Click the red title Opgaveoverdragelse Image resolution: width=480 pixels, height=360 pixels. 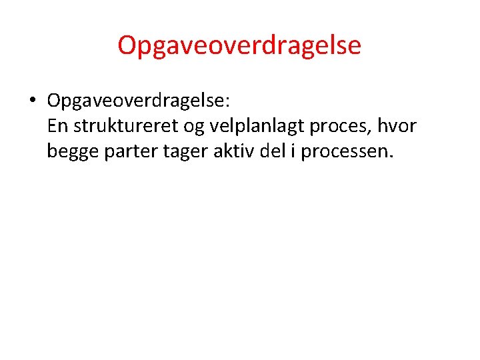point(239,45)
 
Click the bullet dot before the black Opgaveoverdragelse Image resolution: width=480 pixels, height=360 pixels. point(32,101)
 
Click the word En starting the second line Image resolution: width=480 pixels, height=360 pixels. point(57,126)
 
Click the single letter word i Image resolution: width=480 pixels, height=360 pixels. point(293,151)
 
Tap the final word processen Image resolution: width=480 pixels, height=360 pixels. point(343,153)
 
